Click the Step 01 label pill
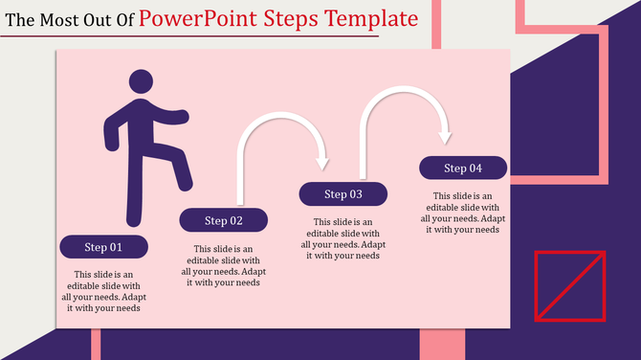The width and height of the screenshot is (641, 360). click(103, 247)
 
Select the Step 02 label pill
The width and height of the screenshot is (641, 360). click(223, 220)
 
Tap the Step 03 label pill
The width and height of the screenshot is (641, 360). click(343, 194)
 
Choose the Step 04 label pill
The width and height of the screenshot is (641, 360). click(463, 169)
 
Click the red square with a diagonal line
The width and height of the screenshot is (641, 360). click(569, 285)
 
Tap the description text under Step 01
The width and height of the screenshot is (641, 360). click(103, 291)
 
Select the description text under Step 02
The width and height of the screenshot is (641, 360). click(223, 265)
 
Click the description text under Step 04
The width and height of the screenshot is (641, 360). click(463, 212)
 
